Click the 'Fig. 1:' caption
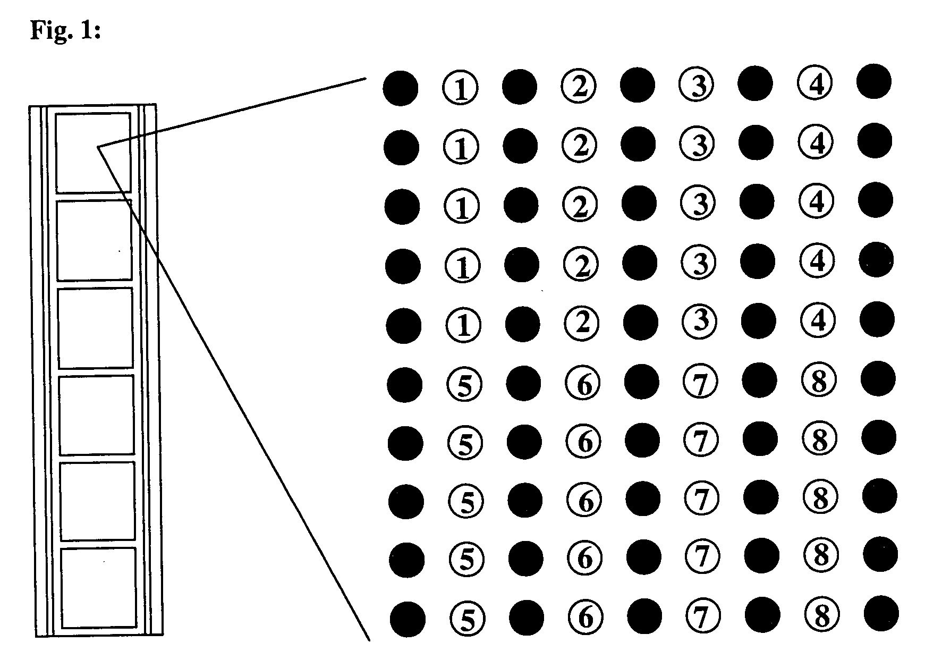pyautogui.click(x=65, y=30)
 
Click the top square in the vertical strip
pyautogui.click(x=93, y=152)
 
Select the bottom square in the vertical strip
pyautogui.click(x=99, y=588)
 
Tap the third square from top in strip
pyautogui.click(x=95, y=328)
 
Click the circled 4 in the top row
pyautogui.click(x=816, y=83)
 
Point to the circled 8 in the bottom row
pyautogui.click(x=822, y=615)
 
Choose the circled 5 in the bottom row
pyautogui.click(x=468, y=618)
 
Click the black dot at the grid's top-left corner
pyautogui.click(x=400, y=88)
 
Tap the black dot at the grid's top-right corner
pyautogui.click(x=874, y=81)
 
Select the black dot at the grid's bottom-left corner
pyautogui.click(x=408, y=619)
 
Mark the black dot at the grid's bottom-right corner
pyautogui.click(x=881, y=613)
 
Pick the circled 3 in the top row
pyautogui.click(x=697, y=84)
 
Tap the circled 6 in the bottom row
pyautogui.click(x=585, y=617)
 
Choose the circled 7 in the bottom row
pyautogui.click(x=703, y=616)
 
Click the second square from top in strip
pyautogui.click(x=94, y=240)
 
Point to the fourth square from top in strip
pyautogui.click(x=96, y=415)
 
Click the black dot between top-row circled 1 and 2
pyautogui.click(x=519, y=87)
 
